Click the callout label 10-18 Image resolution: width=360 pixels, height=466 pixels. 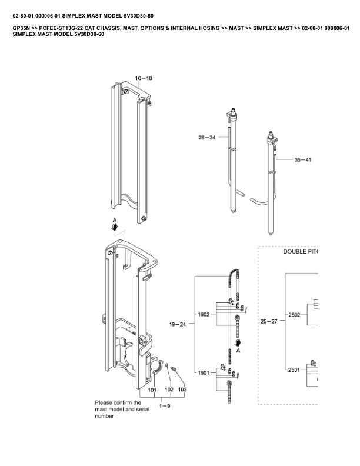(x=144, y=78)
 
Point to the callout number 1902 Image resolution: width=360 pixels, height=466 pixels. (x=204, y=314)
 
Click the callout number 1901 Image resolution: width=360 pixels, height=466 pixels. (x=204, y=373)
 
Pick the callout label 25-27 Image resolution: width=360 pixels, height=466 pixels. (x=268, y=321)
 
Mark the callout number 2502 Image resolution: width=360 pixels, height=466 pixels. (x=294, y=315)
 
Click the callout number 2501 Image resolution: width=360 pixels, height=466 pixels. (x=294, y=370)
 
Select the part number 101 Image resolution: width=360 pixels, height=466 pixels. (x=152, y=390)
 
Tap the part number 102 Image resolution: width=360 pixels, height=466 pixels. (x=168, y=390)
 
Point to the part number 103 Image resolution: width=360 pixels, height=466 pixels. (x=182, y=390)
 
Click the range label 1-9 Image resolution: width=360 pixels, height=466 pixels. (x=165, y=407)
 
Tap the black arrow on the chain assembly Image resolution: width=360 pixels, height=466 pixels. (x=238, y=342)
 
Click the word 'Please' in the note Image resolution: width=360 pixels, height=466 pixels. (x=104, y=403)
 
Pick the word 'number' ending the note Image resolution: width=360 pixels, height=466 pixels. (x=105, y=416)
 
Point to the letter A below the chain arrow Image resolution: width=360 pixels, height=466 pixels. (x=238, y=351)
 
